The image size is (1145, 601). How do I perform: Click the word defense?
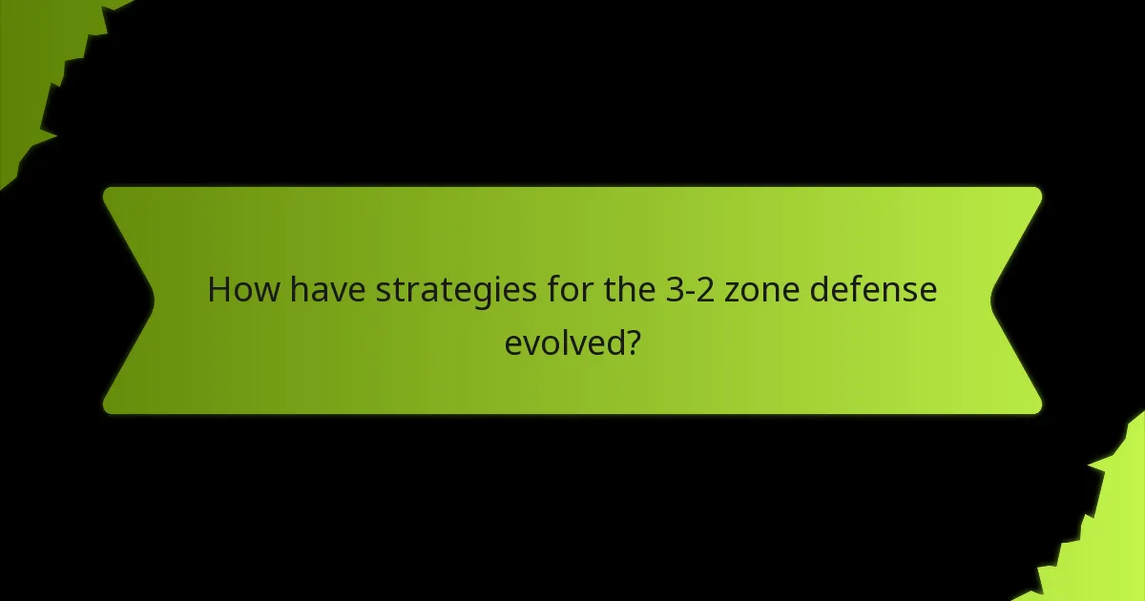pos(873,290)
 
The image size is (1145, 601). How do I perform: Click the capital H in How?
pos(219,290)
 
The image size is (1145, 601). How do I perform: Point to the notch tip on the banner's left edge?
pos(153,300)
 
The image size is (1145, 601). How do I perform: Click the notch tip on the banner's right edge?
pos(992,300)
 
